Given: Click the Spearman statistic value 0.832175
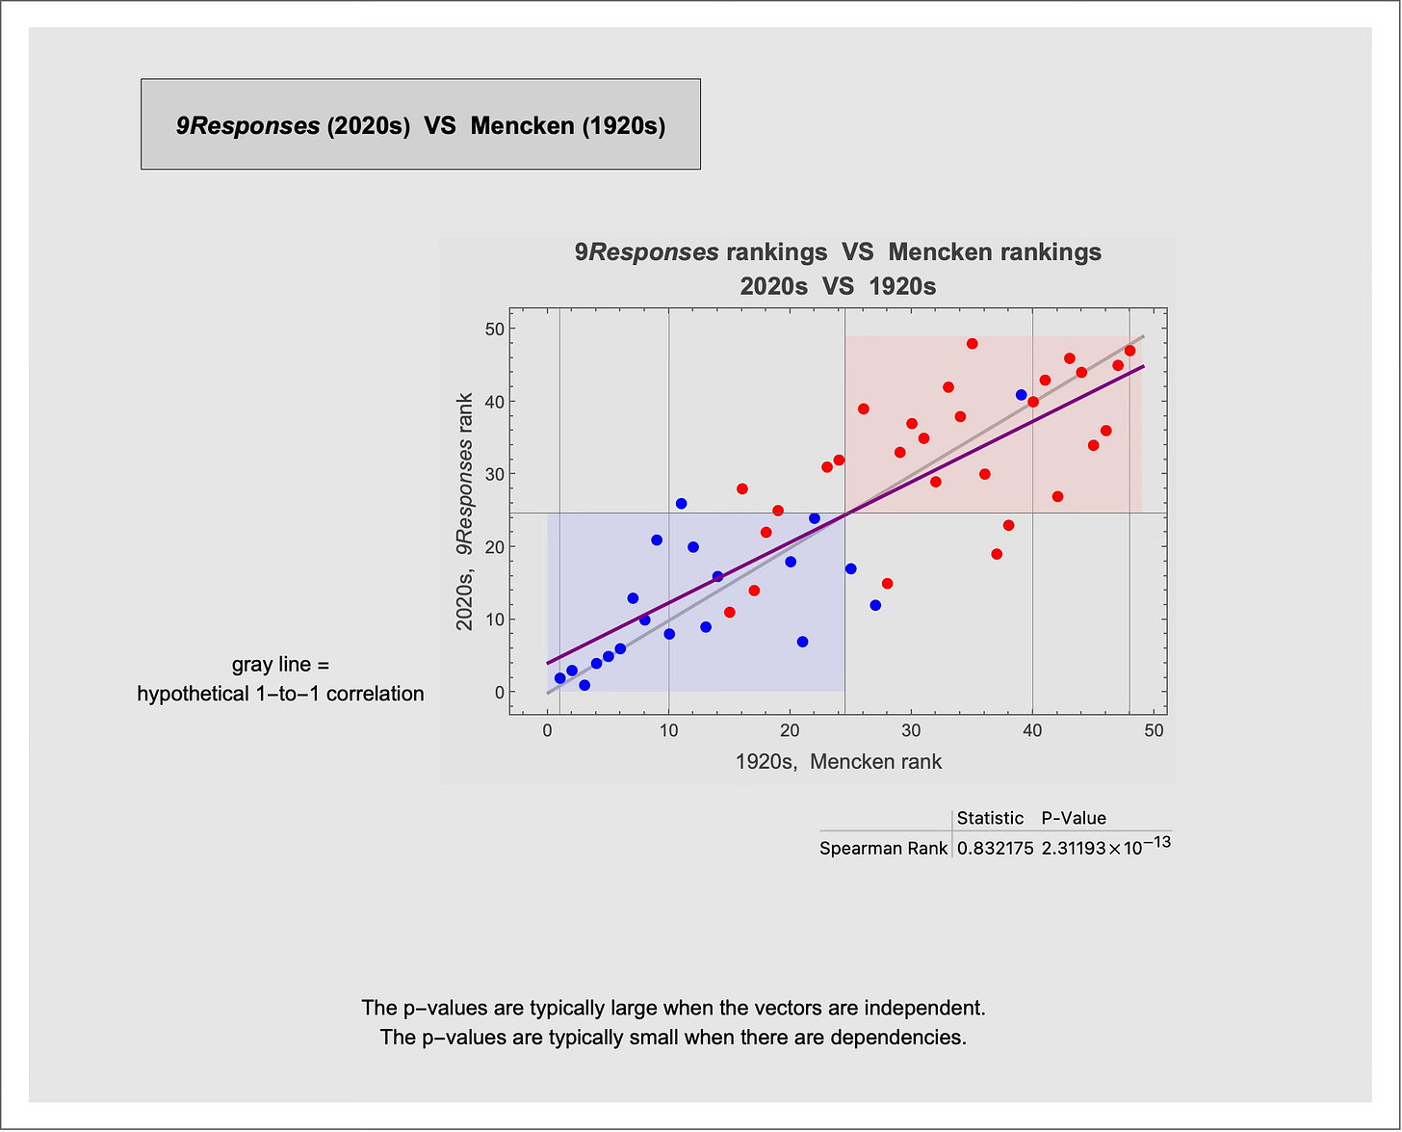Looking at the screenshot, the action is [x=995, y=849].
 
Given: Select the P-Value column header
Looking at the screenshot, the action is [x=1074, y=818].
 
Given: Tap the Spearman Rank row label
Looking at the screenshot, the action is [x=883, y=849].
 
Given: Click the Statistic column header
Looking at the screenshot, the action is [x=990, y=818].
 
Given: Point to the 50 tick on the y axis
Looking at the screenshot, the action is [x=495, y=329].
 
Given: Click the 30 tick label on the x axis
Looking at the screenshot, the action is [x=912, y=730].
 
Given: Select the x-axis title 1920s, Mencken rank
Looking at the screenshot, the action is [x=839, y=762].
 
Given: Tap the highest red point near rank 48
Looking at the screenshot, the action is [x=972, y=344].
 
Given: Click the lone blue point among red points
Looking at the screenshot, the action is [x=1021, y=395].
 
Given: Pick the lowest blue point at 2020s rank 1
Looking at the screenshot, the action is [x=584, y=685].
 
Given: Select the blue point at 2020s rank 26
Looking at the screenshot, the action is [x=681, y=504].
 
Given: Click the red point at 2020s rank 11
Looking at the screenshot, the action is [x=730, y=613].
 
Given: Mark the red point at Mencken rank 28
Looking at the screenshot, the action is [x=888, y=584].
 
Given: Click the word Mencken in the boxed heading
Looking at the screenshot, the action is [x=522, y=126].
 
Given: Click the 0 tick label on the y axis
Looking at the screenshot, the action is [x=500, y=693].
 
